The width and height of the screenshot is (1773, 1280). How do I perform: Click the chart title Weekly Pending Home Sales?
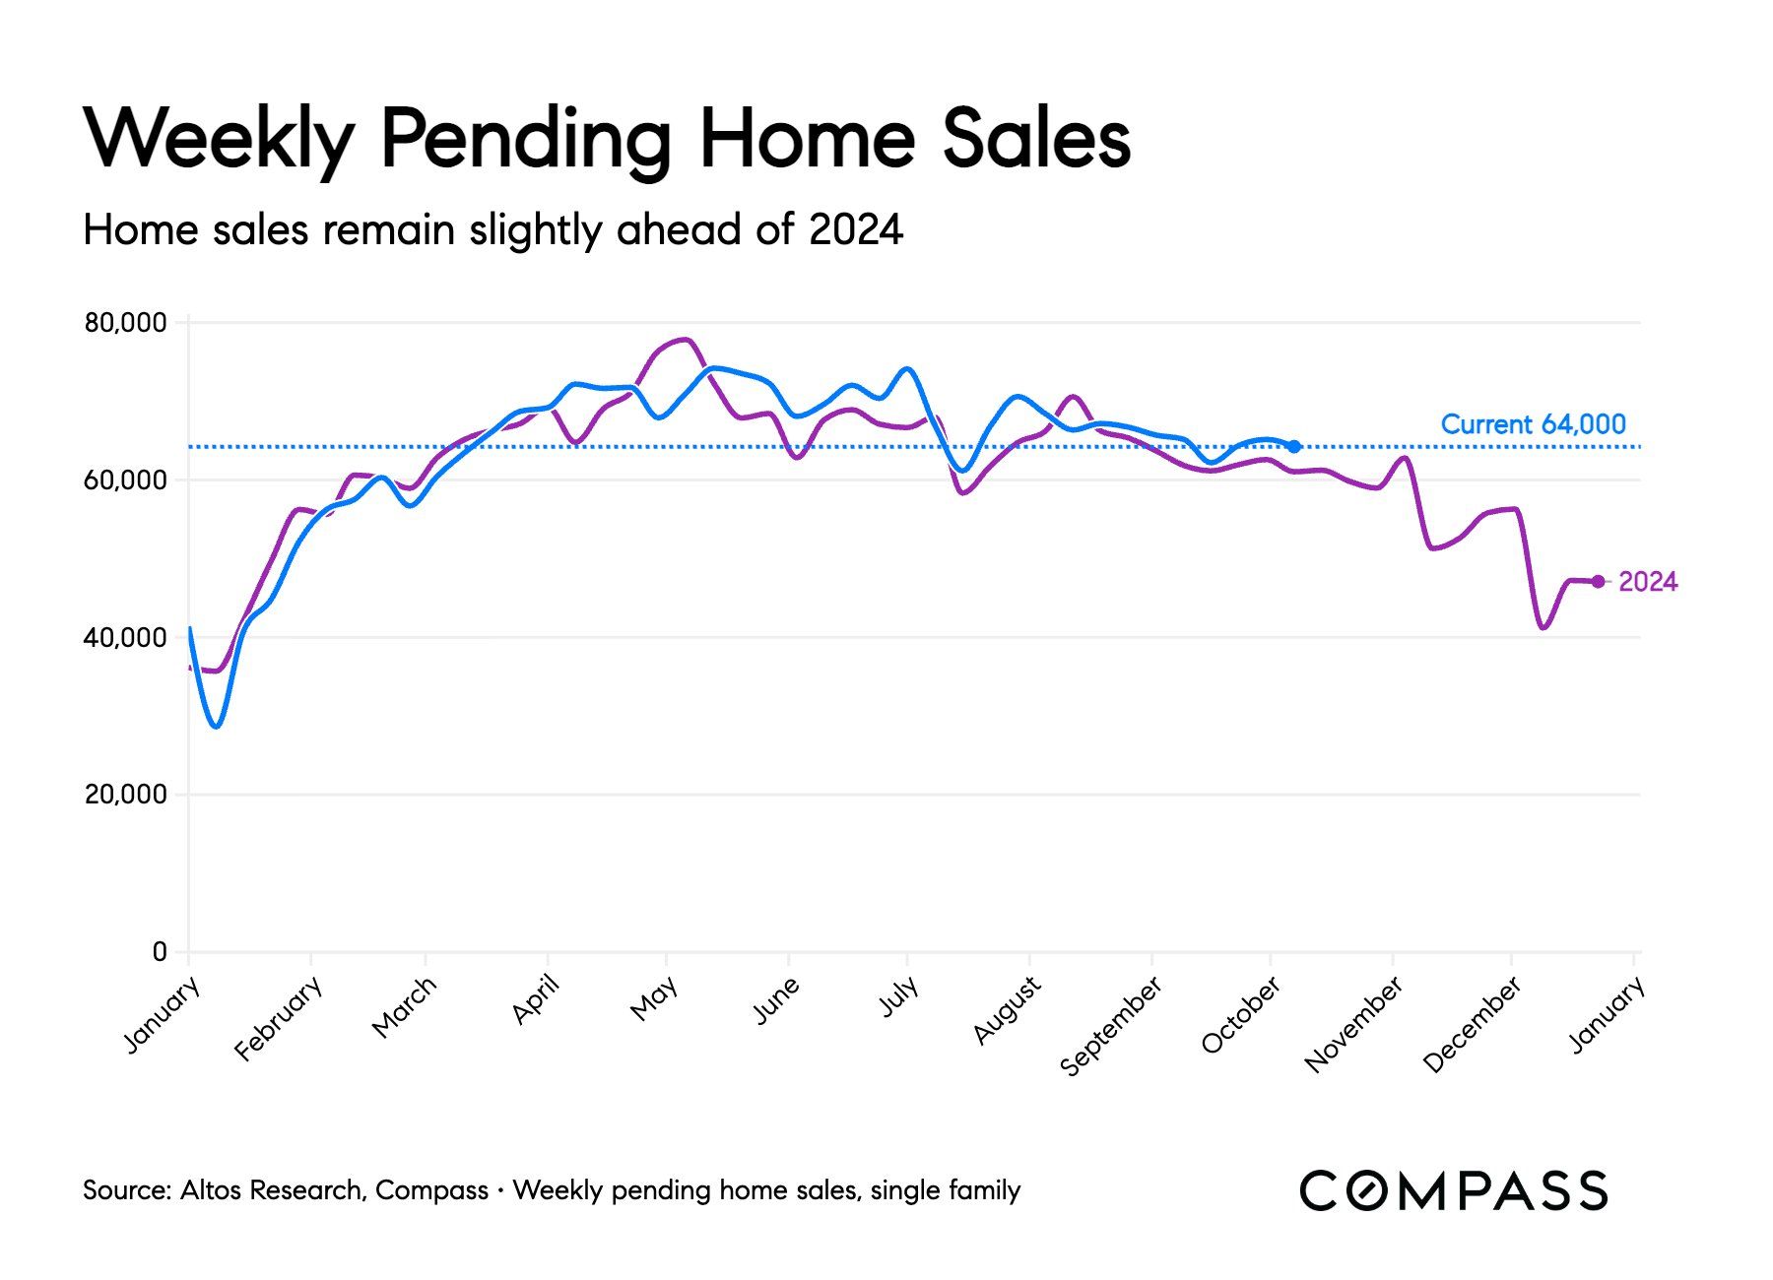pyautogui.click(x=608, y=138)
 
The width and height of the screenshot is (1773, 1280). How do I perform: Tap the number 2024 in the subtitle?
pyautogui.click(x=855, y=230)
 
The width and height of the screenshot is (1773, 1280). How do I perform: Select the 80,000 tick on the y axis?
pyautogui.click(x=125, y=323)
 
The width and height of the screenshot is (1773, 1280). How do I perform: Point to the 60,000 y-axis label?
pyautogui.click(x=125, y=480)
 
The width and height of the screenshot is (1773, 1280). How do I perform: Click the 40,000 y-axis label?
pyautogui.click(x=125, y=638)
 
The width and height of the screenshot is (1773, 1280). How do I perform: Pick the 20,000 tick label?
pyautogui.click(x=125, y=795)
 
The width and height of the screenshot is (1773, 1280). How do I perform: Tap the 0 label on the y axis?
pyautogui.click(x=160, y=952)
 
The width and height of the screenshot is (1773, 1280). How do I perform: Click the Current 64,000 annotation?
pyautogui.click(x=1533, y=424)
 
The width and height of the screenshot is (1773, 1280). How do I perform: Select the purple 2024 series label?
pyautogui.click(x=1648, y=582)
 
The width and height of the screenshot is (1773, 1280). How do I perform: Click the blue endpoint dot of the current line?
pyautogui.click(x=1294, y=446)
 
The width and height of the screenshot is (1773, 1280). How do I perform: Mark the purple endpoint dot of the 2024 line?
pyautogui.click(x=1598, y=582)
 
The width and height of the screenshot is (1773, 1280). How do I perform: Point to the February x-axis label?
pyautogui.click(x=279, y=1018)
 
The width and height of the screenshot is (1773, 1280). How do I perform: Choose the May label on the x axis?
pyautogui.click(x=654, y=998)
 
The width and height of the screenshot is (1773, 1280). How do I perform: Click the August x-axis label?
pyautogui.click(x=1007, y=1010)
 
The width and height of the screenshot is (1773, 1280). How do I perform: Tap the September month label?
pyautogui.click(x=1111, y=1026)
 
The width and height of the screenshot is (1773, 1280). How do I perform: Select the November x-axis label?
pyautogui.click(x=1353, y=1024)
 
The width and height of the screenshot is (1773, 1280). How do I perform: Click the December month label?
pyautogui.click(x=1473, y=1024)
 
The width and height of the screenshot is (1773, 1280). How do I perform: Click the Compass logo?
pyautogui.click(x=1453, y=1190)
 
